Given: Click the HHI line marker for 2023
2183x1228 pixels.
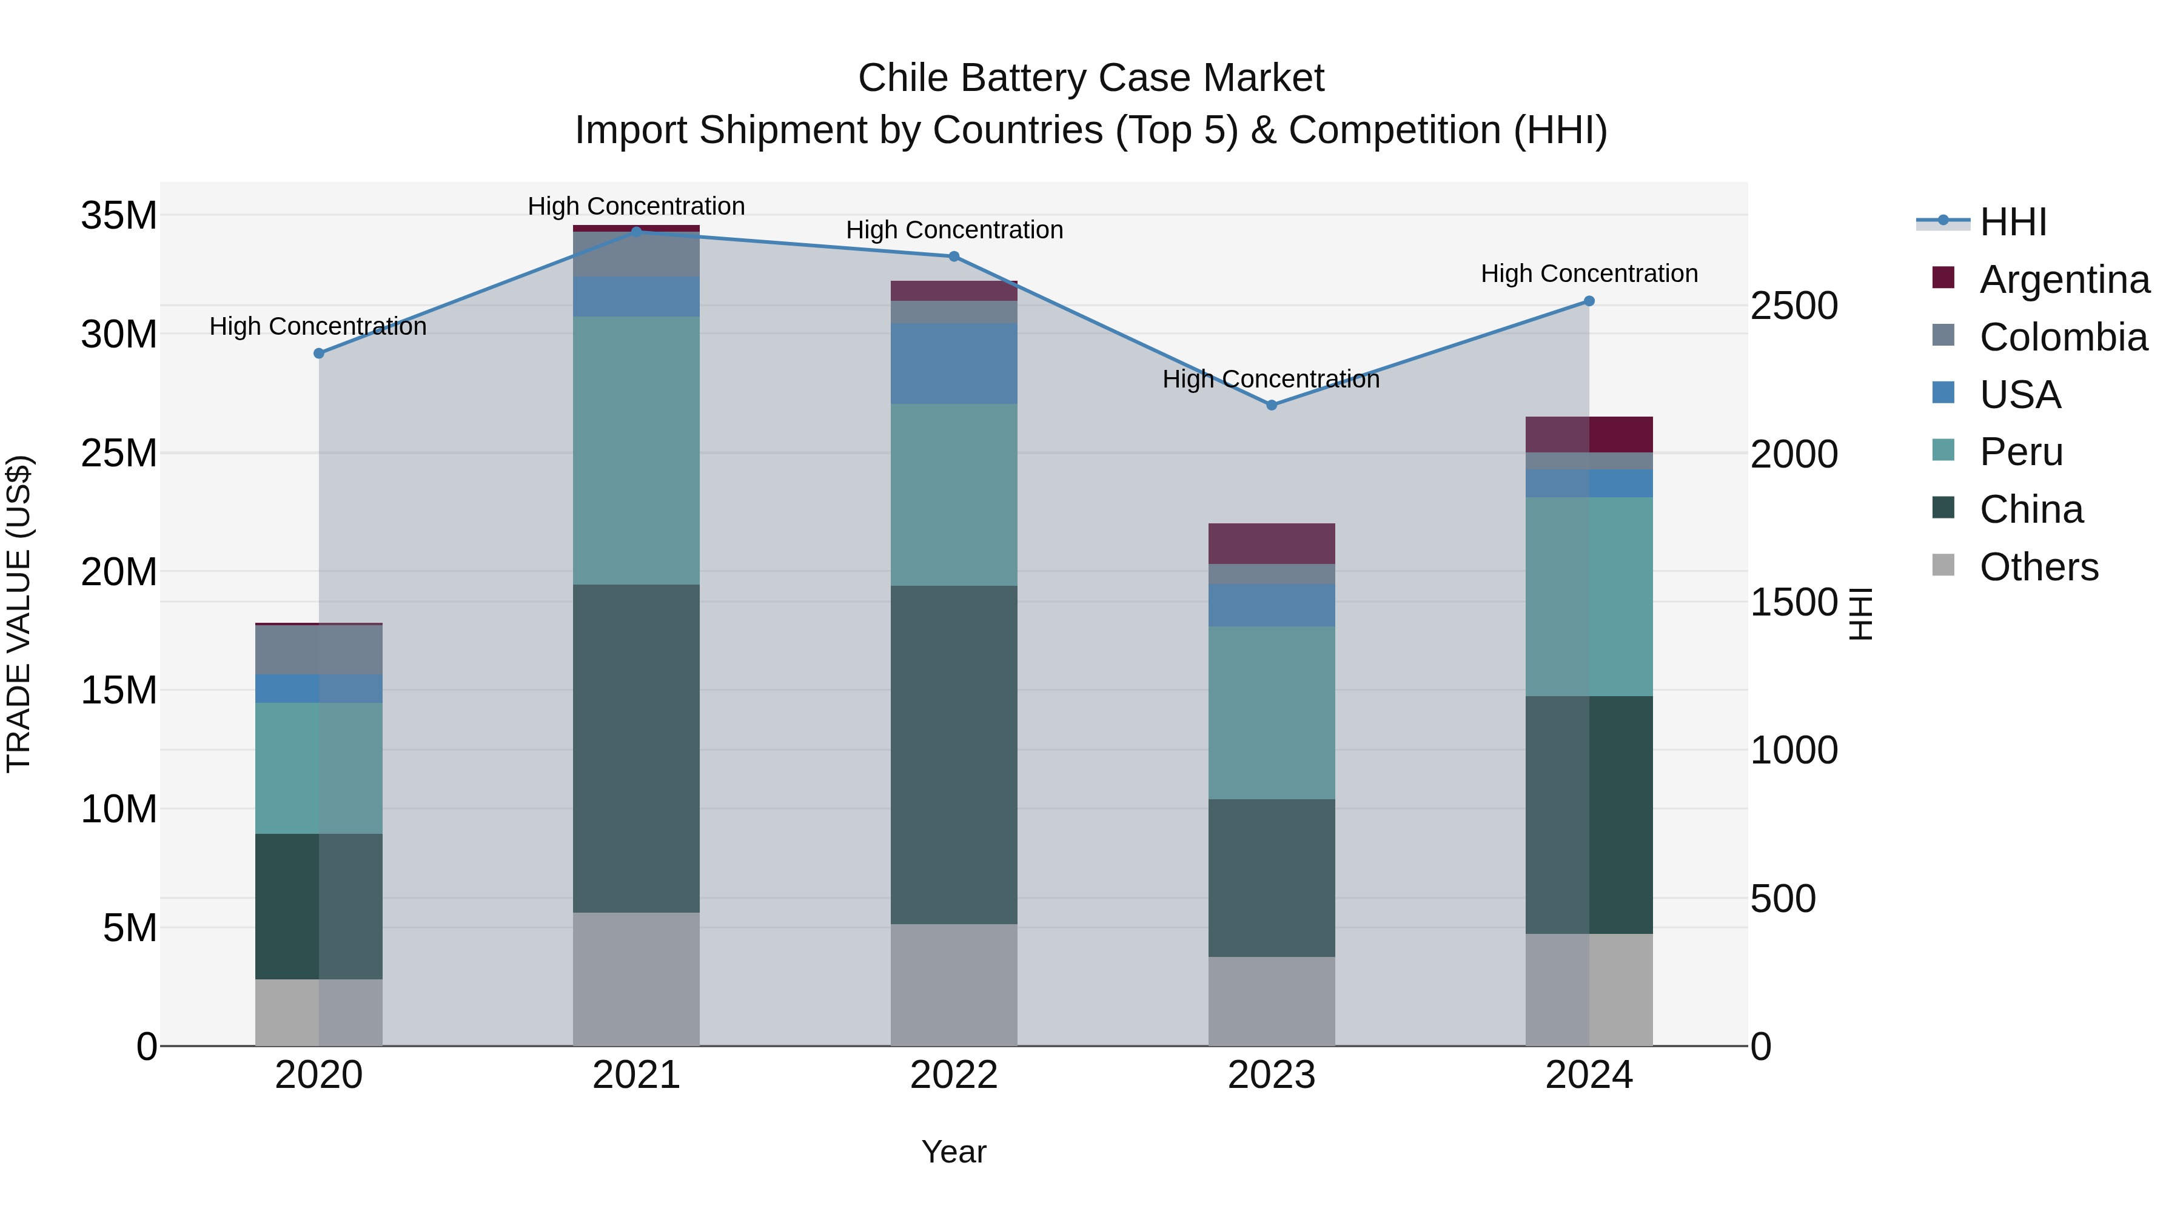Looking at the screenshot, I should (x=1271, y=405).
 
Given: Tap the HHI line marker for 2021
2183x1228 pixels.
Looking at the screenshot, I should (x=637, y=232).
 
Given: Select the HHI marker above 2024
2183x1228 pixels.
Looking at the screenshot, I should (x=1589, y=301).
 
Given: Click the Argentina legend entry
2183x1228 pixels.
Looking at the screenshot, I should (x=2064, y=279).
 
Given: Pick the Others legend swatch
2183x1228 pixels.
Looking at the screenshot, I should (x=1943, y=565).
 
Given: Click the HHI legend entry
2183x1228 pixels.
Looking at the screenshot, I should (x=2013, y=221).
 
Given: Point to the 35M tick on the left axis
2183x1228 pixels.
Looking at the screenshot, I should (x=119, y=215).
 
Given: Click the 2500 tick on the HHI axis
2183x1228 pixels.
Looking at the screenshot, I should (x=1794, y=306).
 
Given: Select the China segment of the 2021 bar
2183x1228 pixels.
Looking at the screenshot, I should (x=637, y=748).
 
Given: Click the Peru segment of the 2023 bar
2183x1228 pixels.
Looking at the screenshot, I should (x=1271, y=712).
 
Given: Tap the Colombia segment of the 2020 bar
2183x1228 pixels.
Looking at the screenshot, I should (x=318, y=649).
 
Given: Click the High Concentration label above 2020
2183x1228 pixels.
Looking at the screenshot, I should (x=318, y=326).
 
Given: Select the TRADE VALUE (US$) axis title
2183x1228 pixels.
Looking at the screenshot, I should (x=19, y=614).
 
